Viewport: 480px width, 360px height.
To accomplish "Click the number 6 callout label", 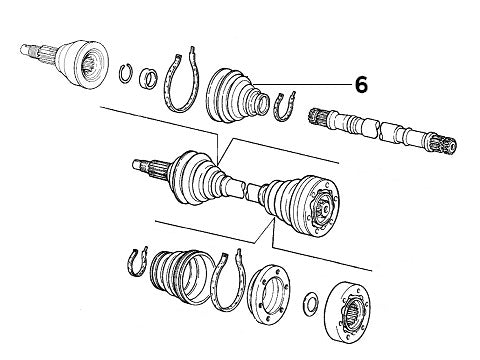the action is coord(361,85).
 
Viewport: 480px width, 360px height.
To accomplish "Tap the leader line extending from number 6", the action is coord(302,84).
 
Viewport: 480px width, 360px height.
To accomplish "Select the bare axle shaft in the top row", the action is coord(383,131).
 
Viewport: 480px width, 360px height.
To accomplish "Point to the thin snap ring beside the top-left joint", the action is coord(126,73).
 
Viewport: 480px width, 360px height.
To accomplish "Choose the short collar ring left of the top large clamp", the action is coord(148,78).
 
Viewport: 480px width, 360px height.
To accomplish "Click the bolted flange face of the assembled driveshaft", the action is coord(323,207).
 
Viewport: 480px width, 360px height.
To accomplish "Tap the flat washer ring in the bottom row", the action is coord(311,304).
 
